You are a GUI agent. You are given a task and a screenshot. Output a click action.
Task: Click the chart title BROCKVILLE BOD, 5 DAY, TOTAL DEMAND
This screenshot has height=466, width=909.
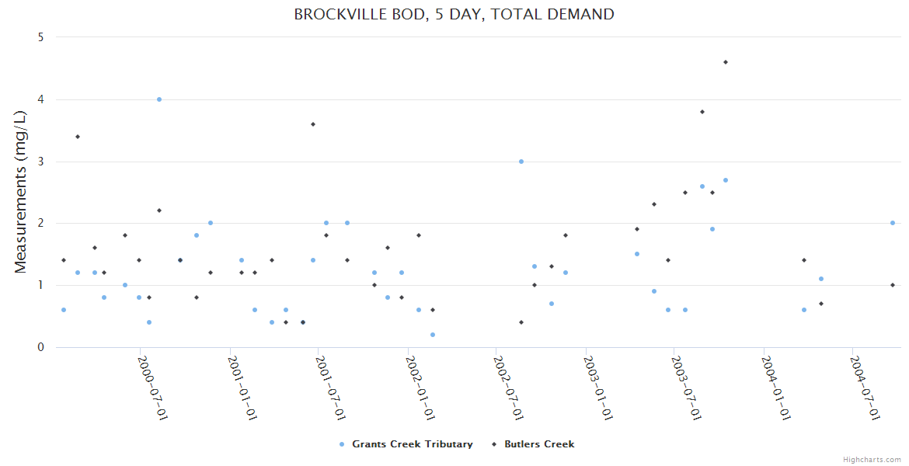pyautogui.click(x=454, y=14)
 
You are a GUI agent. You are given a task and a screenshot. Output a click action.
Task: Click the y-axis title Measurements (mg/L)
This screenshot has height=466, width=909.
pyautogui.click(x=21, y=192)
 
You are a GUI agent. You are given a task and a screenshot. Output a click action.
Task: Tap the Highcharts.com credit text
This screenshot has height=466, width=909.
pyautogui.click(x=872, y=460)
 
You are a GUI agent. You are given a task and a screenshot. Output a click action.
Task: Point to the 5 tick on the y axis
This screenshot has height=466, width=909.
pyautogui.click(x=40, y=37)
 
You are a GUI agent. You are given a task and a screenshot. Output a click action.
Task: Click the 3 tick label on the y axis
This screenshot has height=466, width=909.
pyautogui.click(x=40, y=162)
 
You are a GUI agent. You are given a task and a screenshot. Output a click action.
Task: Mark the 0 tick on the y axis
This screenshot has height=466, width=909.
pyautogui.click(x=40, y=347)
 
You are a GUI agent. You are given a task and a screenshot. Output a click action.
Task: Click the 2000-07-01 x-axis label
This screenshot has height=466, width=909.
pyautogui.click(x=153, y=388)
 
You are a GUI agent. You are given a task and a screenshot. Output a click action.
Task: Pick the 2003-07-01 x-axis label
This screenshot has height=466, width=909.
pyautogui.click(x=687, y=388)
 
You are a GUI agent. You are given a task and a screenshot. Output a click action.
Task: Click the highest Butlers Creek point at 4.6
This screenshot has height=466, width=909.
pyautogui.click(x=726, y=62)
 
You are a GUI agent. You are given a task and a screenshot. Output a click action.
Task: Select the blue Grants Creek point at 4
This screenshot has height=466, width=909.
pyautogui.click(x=159, y=99)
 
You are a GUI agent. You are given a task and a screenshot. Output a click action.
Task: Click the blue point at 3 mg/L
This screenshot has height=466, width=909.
pyautogui.click(x=521, y=162)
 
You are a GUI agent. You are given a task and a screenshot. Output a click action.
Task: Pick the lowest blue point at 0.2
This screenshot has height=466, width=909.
pyautogui.click(x=433, y=335)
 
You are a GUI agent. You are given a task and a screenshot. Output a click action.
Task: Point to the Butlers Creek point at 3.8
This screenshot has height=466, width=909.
pyautogui.click(x=702, y=112)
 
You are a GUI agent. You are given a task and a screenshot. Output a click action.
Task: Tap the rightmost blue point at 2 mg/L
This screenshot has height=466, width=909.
pyautogui.click(x=893, y=223)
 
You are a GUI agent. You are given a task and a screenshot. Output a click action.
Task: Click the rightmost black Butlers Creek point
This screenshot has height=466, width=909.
pyautogui.click(x=893, y=285)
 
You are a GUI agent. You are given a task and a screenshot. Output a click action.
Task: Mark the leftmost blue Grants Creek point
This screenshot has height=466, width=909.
pyautogui.click(x=64, y=310)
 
